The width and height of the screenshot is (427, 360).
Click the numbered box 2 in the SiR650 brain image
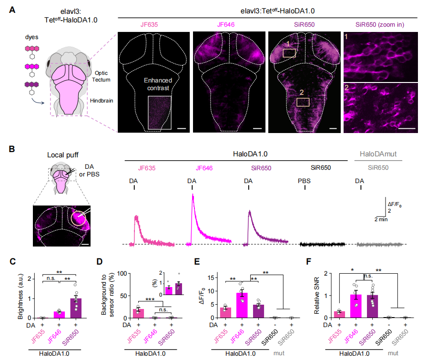coord(303,102)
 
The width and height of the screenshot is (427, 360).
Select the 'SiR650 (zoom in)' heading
coord(379,23)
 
